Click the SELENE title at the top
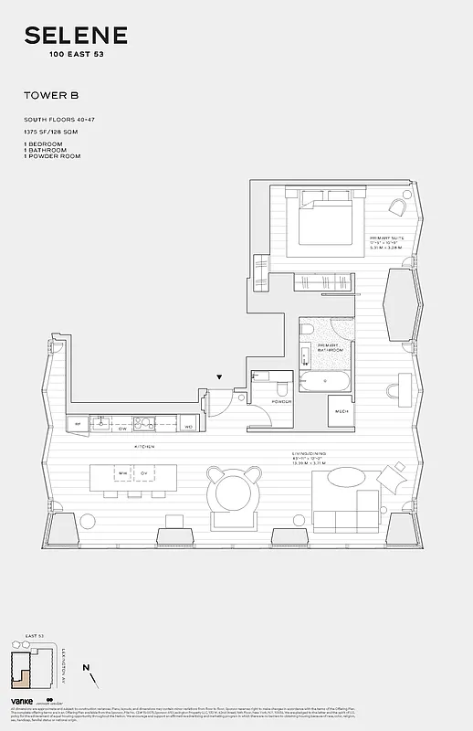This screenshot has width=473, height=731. pos(76,37)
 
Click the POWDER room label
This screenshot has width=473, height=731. pos(280,400)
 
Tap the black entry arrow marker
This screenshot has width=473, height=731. pos(220,376)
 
